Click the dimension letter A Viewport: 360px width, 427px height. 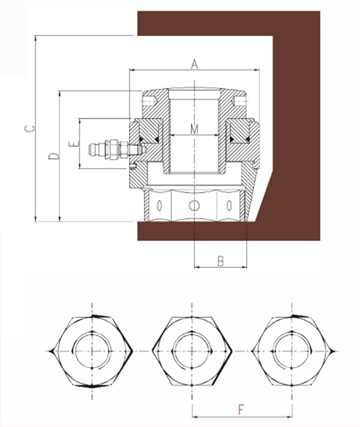point(194,64)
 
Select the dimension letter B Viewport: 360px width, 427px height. point(220,261)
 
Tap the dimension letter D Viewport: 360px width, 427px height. point(53,156)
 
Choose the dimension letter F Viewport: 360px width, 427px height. point(241,411)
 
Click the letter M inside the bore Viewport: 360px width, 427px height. point(194,129)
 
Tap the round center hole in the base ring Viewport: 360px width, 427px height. point(193,205)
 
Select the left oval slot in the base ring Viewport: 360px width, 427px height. point(160,205)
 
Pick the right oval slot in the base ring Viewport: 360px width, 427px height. point(228,205)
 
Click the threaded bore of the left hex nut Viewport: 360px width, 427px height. point(91,350)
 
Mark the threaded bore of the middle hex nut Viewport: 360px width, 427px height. point(192,350)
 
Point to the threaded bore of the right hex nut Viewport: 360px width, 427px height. point(292,350)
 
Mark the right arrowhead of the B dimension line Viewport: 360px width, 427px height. point(246,266)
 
